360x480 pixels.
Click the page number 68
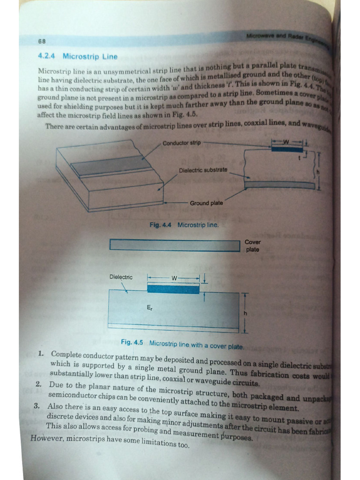click(x=42, y=41)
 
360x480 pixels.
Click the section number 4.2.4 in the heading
click(x=46, y=56)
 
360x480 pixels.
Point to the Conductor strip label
click(x=181, y=143)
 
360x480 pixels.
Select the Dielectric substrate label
click(x=203, y=170)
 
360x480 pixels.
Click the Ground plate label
click(x=206, y=203)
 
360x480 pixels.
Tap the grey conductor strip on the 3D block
click(x=111, y=165)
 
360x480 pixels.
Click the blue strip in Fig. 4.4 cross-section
click(x=287, y=149)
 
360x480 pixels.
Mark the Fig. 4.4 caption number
click(x=160, y=225)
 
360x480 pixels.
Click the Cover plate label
click(x=253, y=246)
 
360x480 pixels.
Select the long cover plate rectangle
click(x=174, y=245)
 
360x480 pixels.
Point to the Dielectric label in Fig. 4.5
click(x=121, y=277)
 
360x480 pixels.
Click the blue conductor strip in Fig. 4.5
click(x=173, y=289)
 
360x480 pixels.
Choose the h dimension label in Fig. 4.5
click(x=244, y=313)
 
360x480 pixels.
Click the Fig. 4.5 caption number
click(x=132, y=343)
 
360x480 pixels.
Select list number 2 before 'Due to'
click(x=38, y=384)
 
